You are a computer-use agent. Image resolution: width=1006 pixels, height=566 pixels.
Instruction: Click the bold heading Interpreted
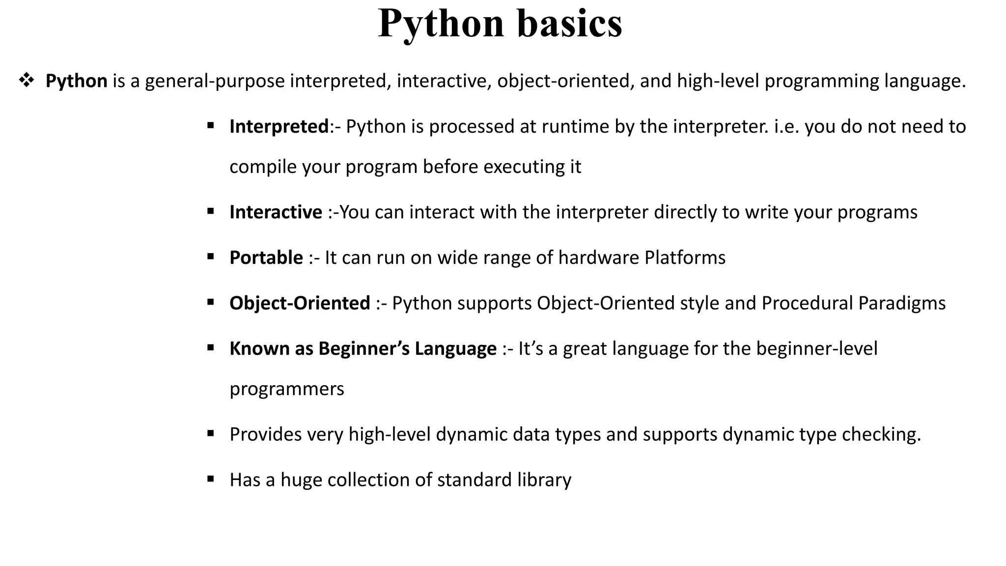tap(279, 127)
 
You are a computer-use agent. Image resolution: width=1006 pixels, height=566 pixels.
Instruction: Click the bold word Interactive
tap(276, 212)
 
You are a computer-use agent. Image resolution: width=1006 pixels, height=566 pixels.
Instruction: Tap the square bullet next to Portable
tap(211, 256)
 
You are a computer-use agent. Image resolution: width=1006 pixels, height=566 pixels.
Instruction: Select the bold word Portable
tap(266, 258)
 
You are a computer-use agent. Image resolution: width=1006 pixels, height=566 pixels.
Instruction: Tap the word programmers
tap(287, 390)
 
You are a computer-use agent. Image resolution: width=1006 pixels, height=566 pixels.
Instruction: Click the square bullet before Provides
tap(211, 433)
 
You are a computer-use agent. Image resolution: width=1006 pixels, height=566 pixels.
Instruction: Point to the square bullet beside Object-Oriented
tap(211, 302)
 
